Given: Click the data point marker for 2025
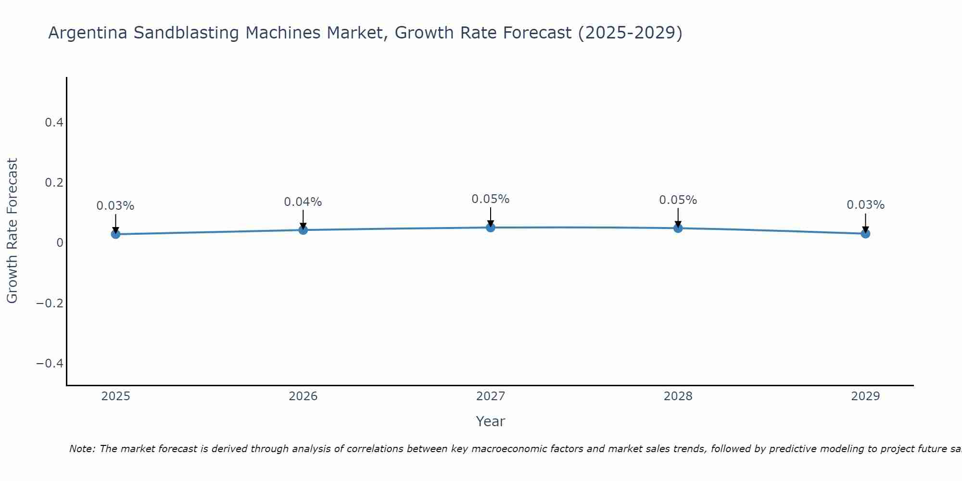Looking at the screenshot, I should pos(115,234).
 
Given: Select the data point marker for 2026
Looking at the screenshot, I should pos(303,230).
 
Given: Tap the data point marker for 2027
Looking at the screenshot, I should pos(491,228).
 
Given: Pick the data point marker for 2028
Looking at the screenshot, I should pos(678,228).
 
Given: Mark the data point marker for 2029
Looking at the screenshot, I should pos(865,234).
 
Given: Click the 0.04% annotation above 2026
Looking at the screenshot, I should pos(303,202).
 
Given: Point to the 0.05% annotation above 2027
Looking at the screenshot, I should pos(491,199).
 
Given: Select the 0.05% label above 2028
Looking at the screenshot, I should pos(678,200).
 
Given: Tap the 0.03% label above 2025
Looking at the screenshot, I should pos(115,206).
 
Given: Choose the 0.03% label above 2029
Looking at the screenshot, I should pos(865,205).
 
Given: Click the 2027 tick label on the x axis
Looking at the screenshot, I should pos(491,396).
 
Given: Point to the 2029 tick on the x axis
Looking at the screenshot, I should pos(865,396).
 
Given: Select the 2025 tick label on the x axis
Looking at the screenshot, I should pos(115,396).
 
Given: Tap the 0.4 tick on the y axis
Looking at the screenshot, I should pos(54,123).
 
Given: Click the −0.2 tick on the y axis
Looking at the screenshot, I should pos(50,303).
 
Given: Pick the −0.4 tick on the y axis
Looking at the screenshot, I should pos(50,363).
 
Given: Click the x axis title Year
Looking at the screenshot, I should pos(490,421).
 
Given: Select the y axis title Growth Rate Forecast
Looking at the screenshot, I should pos(12,231).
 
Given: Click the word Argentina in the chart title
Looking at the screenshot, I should pos(88,33).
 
